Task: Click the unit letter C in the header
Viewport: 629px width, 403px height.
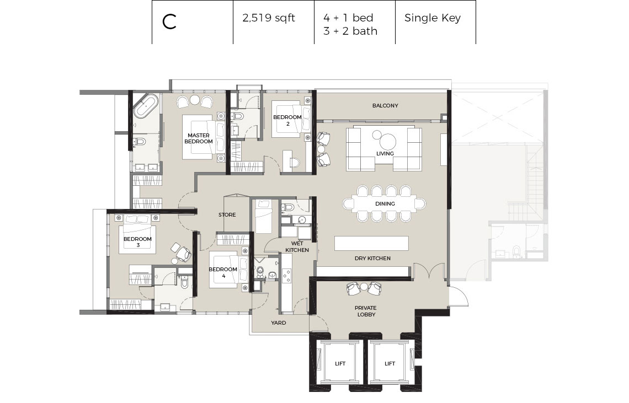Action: coord(169,22)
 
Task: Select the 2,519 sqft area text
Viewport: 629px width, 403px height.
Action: coord(268,18)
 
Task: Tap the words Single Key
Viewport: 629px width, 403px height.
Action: coord(433,18)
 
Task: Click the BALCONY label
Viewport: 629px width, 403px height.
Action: coord(385,105)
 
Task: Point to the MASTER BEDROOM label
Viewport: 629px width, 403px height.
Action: coord(199,138)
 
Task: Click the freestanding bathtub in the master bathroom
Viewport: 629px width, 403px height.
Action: coord(146,105)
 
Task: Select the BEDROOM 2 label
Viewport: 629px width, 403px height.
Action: coord(287,120)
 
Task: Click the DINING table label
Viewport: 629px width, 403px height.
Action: coord(385,204)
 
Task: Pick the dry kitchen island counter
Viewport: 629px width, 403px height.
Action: coord(371,244)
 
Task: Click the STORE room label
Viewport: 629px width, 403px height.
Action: coord(227,215)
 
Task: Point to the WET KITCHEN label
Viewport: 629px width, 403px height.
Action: coord(297,246)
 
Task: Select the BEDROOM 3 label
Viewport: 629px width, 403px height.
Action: coord(137,242)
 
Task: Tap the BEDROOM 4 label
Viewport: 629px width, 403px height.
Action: coord(223,272)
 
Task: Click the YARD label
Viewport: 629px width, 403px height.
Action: coord(279,323)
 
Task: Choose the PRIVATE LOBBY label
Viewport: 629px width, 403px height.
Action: coord(366,311)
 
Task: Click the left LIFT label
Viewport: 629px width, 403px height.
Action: coord(340,364)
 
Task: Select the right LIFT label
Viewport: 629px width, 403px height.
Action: coord(390,364)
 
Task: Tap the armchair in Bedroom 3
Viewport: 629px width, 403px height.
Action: coord(183,254)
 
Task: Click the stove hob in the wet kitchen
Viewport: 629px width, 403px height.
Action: coord(287,275)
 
